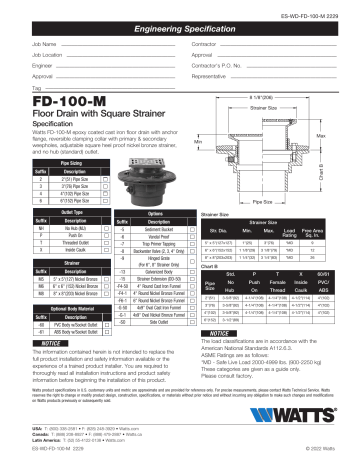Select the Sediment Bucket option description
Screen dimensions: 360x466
[152, 227]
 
